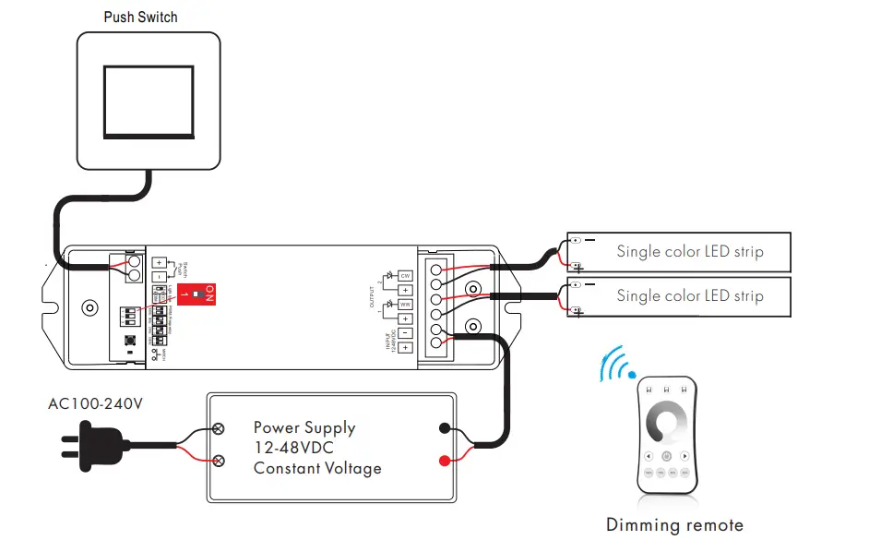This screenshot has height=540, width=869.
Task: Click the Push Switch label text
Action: [140, 17]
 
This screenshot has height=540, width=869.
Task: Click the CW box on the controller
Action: [404, 275]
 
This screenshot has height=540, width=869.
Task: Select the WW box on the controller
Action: [404, 304]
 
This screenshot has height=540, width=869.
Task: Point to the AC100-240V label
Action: [96, 404]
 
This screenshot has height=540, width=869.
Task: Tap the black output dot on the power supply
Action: [445, 428]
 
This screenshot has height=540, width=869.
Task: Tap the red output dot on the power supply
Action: [445, 460]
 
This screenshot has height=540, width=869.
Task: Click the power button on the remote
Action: [666, 455]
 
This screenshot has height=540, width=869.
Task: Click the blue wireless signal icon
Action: [615, 365]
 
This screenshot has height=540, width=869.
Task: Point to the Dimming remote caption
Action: [674, 525]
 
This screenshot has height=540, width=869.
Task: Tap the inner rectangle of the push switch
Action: [148, 100]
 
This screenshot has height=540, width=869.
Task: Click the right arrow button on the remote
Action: [684, 455]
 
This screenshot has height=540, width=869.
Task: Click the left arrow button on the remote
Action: [649, 455]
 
